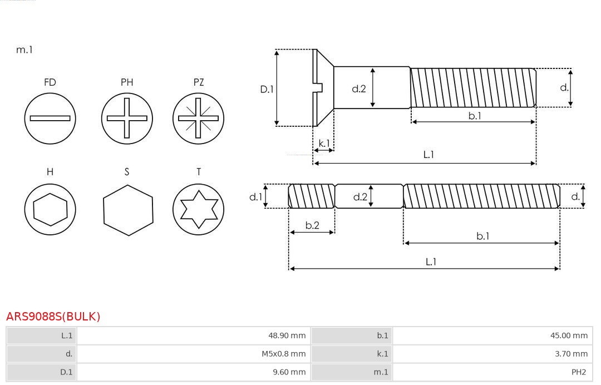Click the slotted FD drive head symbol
(50, 118)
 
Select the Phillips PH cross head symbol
(127, 118)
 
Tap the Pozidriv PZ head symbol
(198, 118)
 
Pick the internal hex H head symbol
(50, 210)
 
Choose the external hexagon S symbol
(127, 210)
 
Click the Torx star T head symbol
(198, 210)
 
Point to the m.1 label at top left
(24, 50)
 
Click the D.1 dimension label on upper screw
(267, 88)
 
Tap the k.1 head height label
(324, 144)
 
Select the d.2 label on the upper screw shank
(359, 88)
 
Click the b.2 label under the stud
(312, 225)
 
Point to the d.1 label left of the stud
(255, 196)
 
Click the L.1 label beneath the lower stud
(431, 261)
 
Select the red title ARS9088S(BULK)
(53, 317)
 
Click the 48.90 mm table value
(287, 335)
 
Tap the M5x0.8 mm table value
(284, 354)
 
